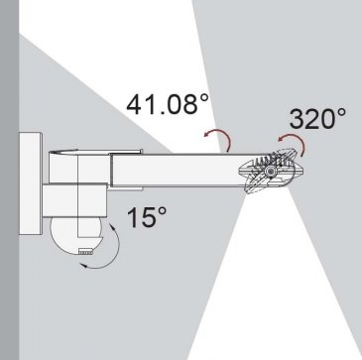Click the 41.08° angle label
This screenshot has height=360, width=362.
pos(168,103)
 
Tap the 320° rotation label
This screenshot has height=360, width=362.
pos(317,118)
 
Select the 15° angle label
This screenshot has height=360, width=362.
pos(147,217)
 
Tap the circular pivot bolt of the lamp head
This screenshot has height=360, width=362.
pos(271,172)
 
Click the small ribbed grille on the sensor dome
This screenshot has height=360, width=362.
pos(85,252)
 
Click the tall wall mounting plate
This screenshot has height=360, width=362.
pos(31,183)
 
